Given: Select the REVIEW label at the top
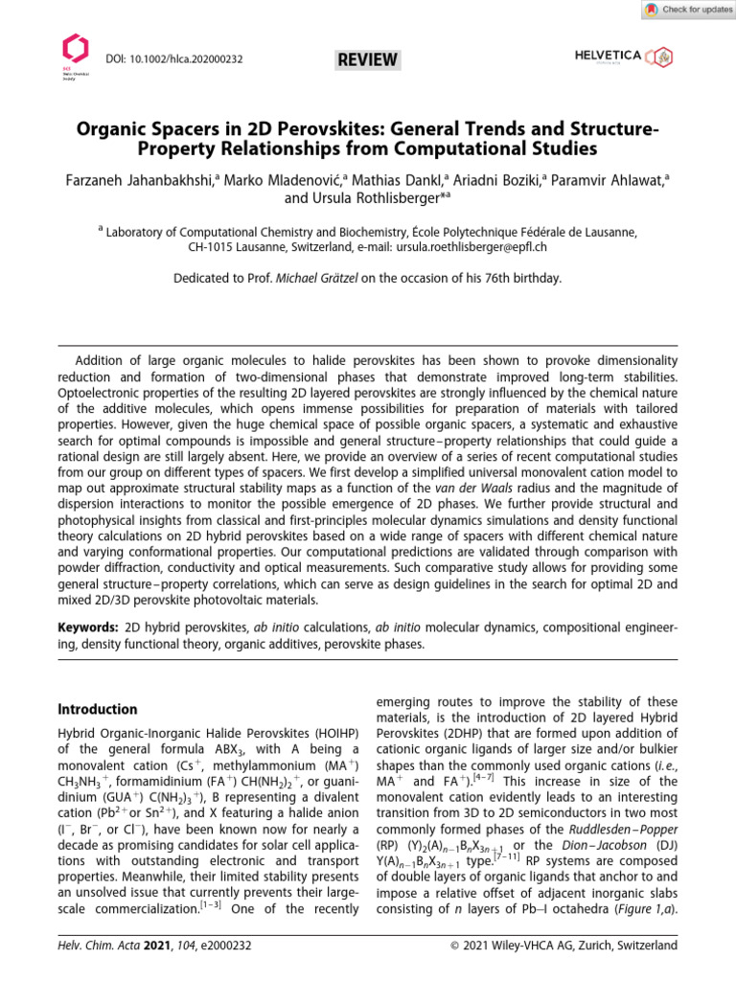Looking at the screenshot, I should pyautogui.click(x=367, y=60).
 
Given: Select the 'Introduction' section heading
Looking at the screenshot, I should pyautogui.click(x=99, y=710).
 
